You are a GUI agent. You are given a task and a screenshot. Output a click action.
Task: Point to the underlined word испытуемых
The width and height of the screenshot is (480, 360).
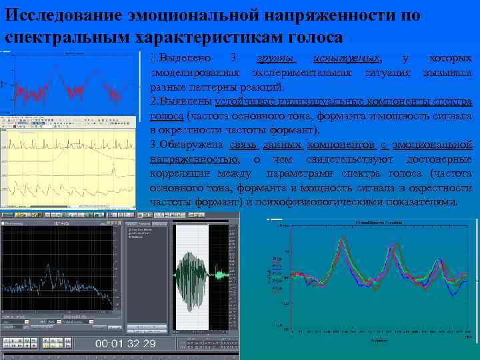tap(347, 59)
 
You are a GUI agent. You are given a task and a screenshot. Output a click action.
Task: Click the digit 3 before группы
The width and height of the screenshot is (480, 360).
tap(231, 59)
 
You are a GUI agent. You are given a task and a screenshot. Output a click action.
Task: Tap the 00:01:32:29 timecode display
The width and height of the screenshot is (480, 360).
tap(125, 344)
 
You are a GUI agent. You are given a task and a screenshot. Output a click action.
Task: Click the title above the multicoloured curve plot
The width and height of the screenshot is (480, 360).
tap(378, 221)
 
